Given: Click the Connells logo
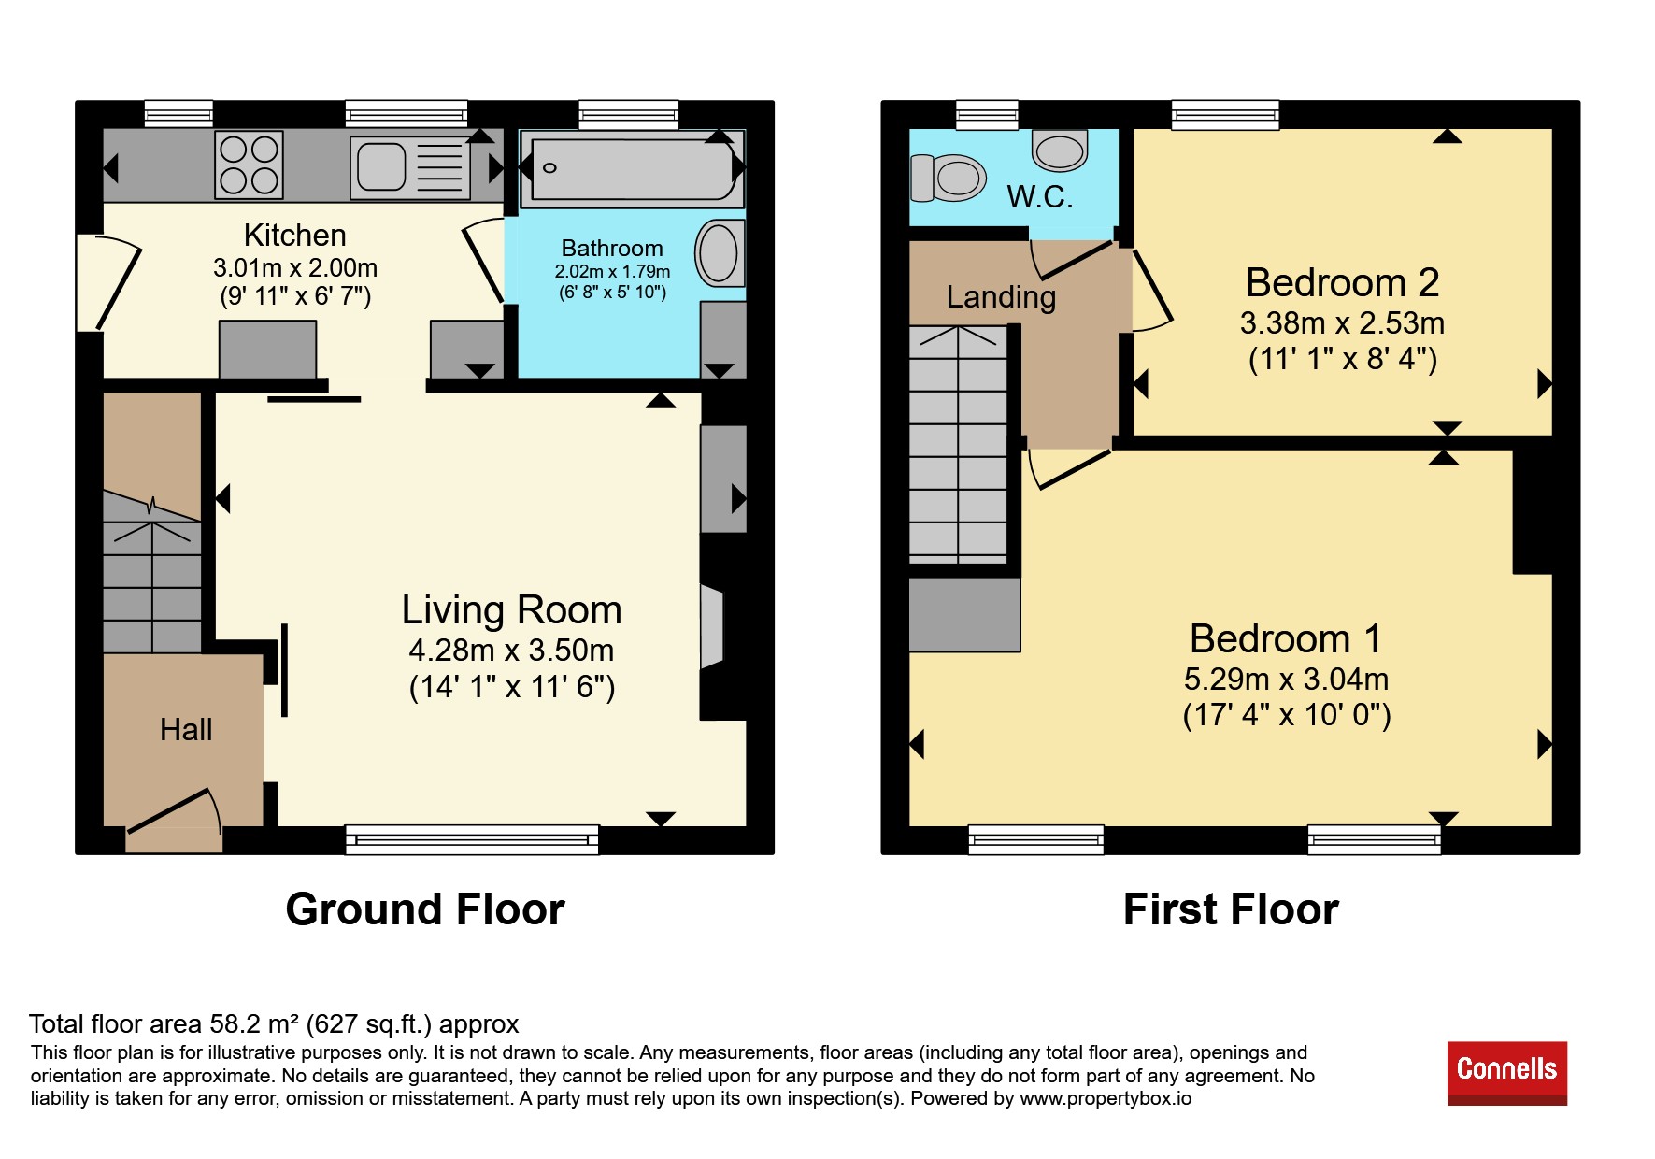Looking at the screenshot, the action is click(x=1506, y=1073).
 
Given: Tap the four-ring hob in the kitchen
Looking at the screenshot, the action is click(x=250, y=165).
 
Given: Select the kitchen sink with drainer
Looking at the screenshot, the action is click(x=410, y=167).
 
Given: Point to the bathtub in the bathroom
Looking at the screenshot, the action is click(x=633, y=168).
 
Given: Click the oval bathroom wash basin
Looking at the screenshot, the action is click(x=719, y=252).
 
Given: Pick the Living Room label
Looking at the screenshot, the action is click(x=512, y=610).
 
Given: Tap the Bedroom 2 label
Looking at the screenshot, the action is click(x=1342, y=282).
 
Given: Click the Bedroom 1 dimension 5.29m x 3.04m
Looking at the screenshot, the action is click(x=1286, y=680).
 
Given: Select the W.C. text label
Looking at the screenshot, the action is click(x=1040, y=197).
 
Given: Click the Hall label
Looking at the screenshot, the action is click(x=186, y=730).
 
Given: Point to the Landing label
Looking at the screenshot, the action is click(x=1001, y=297).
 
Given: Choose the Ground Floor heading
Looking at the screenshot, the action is click(x=425, y=909).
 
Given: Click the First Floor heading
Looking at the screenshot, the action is click(x=1231, y=909).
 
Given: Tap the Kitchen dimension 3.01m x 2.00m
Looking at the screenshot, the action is click(x=295, y=268).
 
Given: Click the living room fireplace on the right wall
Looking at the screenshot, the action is click(x=712, y=627).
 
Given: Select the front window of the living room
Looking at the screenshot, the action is click(x=472, y=839).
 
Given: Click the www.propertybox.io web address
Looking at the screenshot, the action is click(x=1106, y=1098).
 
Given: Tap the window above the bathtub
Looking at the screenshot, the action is click(x=628, y=114).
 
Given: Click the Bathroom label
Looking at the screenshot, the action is click(x=612, y=249).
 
